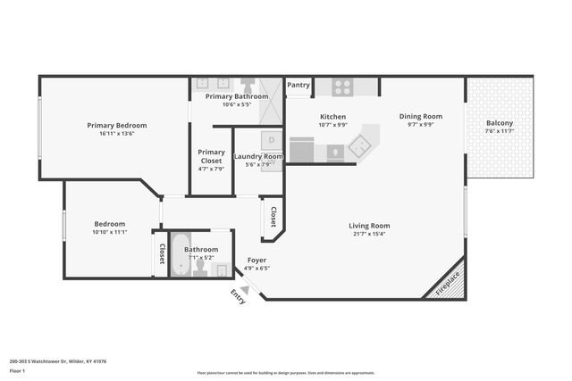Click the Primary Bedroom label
pyautogui.click(x=117, y=125)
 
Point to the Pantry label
pyautogui.click(x=299, y=86)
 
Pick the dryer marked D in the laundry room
pyautogui.click(x=271, y=140)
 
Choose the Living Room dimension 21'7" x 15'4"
pyautogui.click(x=369, y=235)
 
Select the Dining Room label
pyautogui.click(x=420, y=116)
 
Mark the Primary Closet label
pyautogui.click(x=212, y=156)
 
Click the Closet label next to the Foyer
pyautogui.click(x=273, y=218)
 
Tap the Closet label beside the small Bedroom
pyautogui.click(x=162, y=253)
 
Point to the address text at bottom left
pyautogui.click(x=58, y=361)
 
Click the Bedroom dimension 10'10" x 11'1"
pyautogui.click(x=111, y=232)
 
